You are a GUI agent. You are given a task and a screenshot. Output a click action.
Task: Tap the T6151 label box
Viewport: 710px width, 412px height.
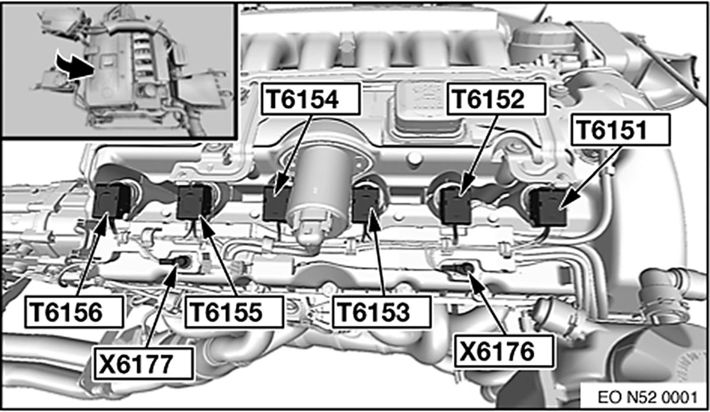(621, 130)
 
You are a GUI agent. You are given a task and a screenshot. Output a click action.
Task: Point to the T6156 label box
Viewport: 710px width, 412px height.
(74, 311)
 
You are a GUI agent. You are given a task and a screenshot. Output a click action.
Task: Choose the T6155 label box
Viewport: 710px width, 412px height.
(234, 311)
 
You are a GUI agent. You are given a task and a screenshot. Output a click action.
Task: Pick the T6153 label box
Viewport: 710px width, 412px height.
(382, 311)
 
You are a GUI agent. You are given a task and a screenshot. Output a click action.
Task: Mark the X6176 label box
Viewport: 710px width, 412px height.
(504, 351)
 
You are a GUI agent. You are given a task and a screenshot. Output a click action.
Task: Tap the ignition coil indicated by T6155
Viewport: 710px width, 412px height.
(194, 202)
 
